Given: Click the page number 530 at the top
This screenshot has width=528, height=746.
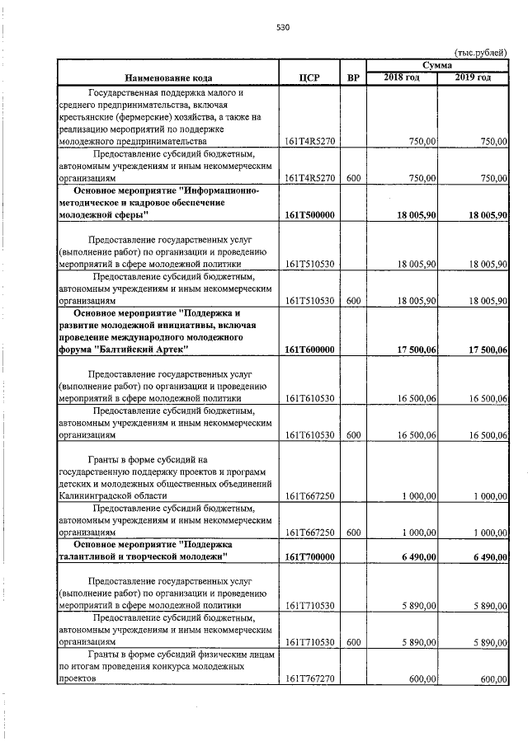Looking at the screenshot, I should (x=283, y=27).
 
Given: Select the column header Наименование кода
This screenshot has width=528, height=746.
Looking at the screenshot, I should (x=167, y=77).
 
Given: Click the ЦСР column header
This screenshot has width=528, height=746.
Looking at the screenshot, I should (x=310, y=78).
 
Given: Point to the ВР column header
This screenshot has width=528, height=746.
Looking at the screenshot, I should (x=353, y=78).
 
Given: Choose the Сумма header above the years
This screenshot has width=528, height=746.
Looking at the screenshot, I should (x=436, y=64).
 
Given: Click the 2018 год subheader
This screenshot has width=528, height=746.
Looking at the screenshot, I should (x=402, y=77).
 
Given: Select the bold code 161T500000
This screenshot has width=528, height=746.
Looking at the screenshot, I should (x=309, y=214).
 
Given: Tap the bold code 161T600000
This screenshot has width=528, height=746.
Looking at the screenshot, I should (x=309, y=350).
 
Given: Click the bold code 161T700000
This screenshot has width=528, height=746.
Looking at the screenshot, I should (x=309, y=557).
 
